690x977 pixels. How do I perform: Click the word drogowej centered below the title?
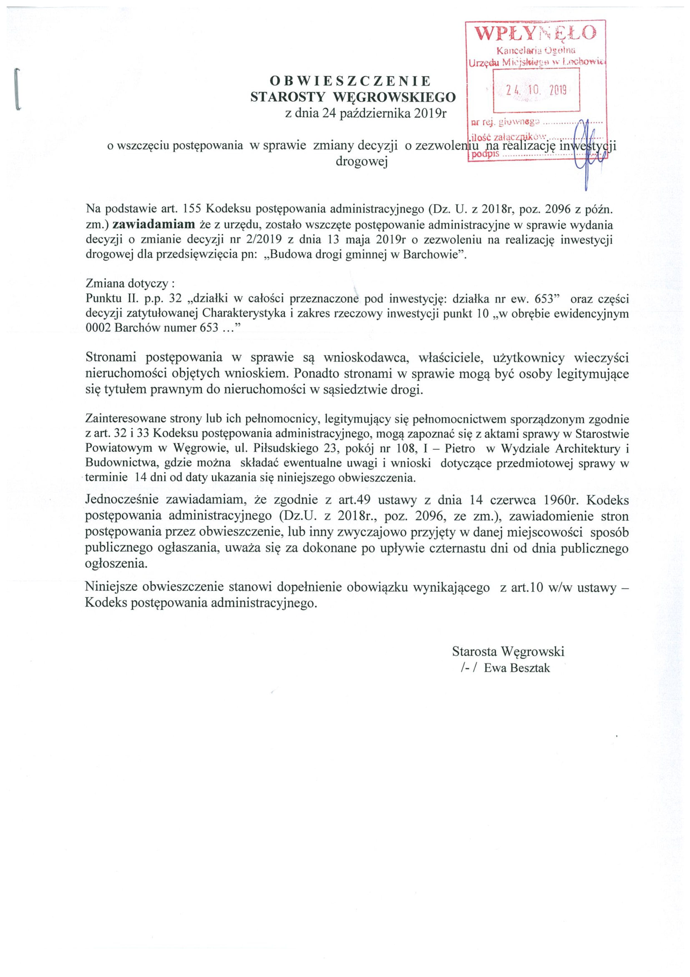pyautogui.click(x=362, y=162)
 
